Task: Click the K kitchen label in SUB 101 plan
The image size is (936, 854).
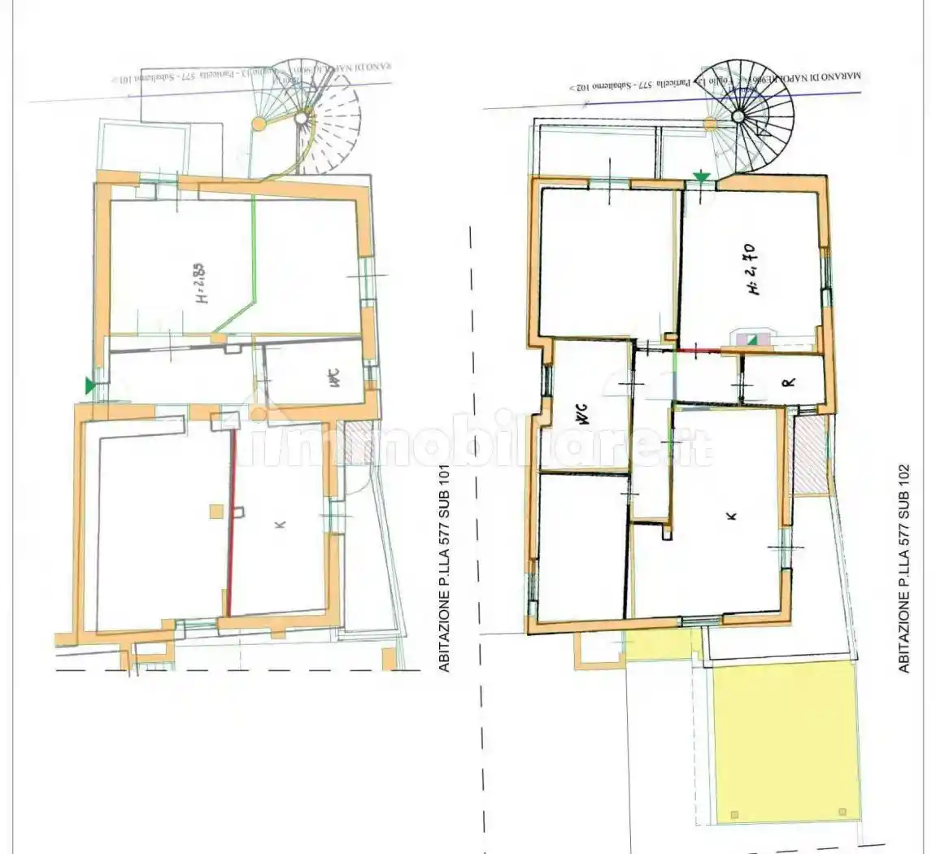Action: (280, 525)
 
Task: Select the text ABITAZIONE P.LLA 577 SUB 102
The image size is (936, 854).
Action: (904, 569)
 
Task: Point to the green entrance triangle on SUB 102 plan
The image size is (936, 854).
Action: (701, 176)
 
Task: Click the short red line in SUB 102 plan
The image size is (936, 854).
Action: (699, 351)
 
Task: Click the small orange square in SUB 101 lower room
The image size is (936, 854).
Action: (215, 511)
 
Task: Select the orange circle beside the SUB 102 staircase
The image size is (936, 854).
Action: (710, 124)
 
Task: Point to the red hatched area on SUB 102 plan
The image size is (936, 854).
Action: (810, 452)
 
